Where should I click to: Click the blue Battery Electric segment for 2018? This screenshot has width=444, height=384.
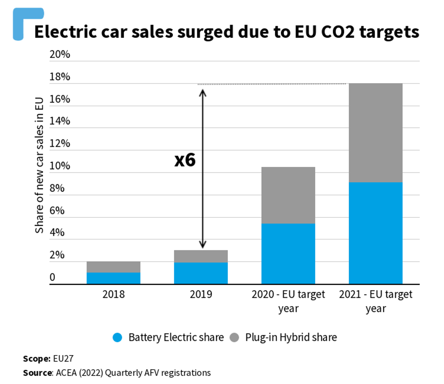coord(113,278)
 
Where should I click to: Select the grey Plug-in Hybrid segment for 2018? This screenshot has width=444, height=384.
coord(113,267)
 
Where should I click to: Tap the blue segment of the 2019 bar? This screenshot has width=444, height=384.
coord(201,273)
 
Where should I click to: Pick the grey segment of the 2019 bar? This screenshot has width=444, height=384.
coord(201,256)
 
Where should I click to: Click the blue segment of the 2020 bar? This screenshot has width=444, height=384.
coord(288,254)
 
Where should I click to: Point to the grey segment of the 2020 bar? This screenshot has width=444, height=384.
coord(288,195)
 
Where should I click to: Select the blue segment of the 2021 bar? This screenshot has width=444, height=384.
coord(375,233)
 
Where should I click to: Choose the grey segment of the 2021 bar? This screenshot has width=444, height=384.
coord(375,133)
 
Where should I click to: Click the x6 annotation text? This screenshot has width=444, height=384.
coord(185,160)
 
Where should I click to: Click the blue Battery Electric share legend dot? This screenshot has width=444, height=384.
coord(118,337)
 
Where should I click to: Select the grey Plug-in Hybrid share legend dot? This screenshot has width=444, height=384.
coord(234,337)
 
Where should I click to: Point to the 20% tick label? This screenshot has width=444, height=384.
coord(60,54)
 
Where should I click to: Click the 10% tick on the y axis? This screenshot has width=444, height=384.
coord(60,166)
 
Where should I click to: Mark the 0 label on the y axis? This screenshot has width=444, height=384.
coord(52,277)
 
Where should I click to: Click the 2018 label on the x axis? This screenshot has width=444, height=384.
coord(113,294)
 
